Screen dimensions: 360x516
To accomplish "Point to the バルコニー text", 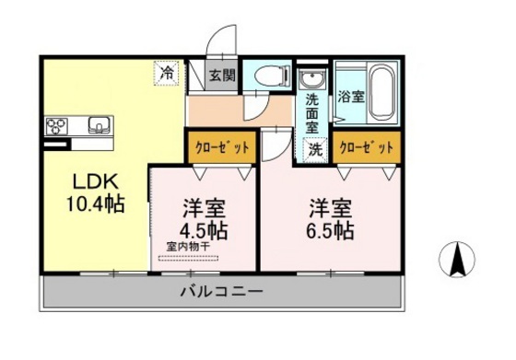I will (220, 293).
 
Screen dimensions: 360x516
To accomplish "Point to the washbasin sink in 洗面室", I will (314, 79).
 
